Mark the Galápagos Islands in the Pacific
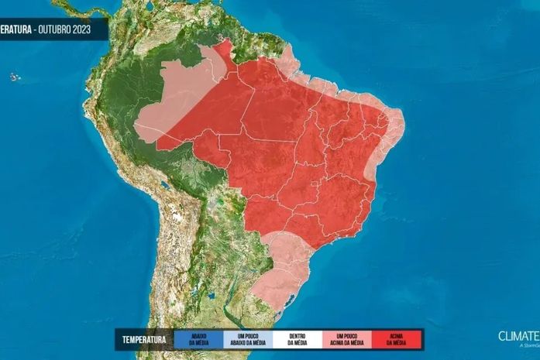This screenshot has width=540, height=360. [13, 76]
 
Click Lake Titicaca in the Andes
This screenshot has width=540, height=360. [164, 186]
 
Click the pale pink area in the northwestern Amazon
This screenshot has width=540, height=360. [170, 108]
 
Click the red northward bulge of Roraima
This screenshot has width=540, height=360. [225, 53]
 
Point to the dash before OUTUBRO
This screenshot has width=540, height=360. [36, 29]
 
